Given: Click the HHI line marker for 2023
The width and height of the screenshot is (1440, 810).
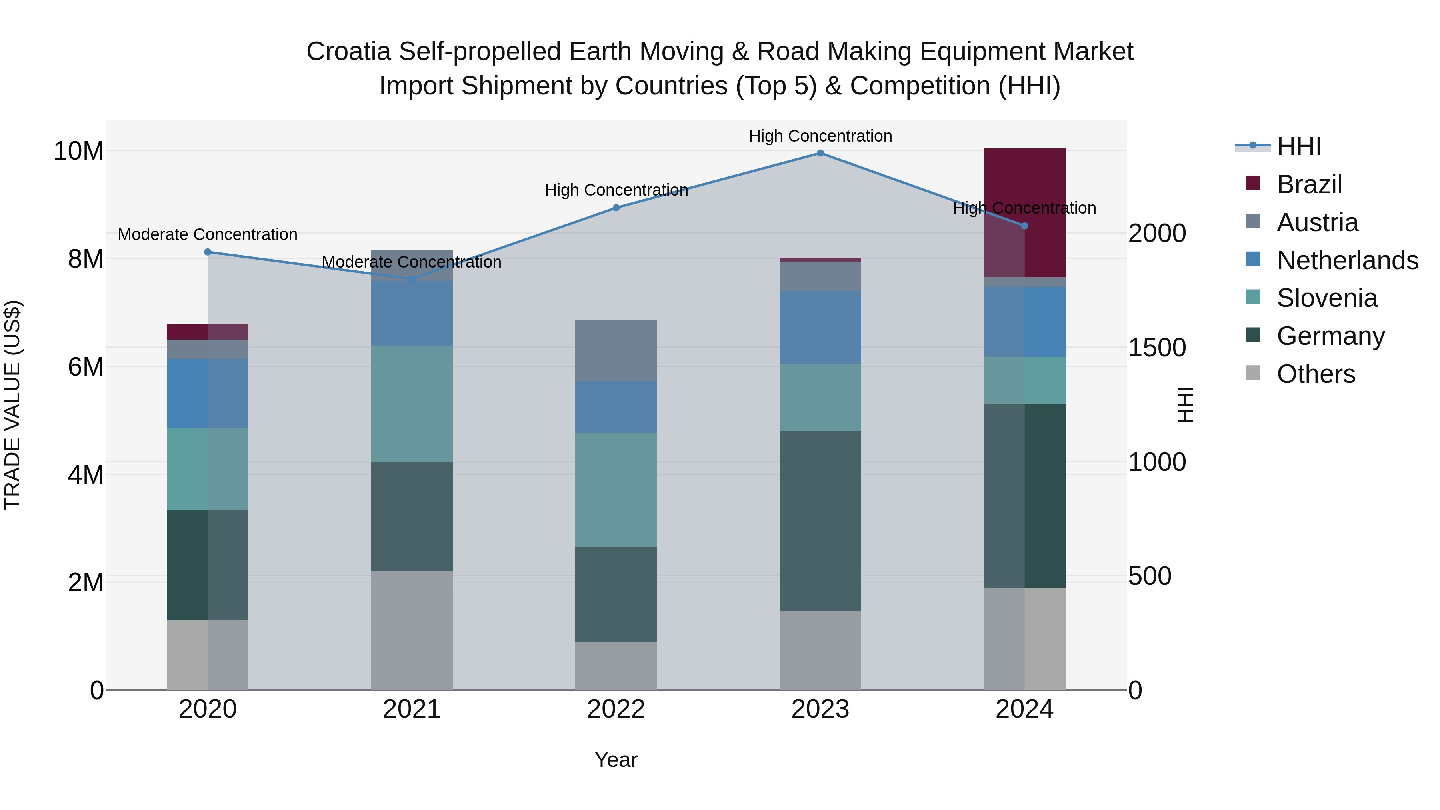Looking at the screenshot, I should [820, 153].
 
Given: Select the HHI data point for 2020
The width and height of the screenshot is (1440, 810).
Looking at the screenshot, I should [208, 252].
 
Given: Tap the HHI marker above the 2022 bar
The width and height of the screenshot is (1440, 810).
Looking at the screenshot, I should [616, 208].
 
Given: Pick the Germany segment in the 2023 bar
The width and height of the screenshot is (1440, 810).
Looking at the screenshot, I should [820, 521].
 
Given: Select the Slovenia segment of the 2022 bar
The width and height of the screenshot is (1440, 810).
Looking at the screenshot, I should [616, 490].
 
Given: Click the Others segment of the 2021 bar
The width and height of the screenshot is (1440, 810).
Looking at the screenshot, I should [412, 630].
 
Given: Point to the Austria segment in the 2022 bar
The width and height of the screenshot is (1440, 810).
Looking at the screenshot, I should [616, 350].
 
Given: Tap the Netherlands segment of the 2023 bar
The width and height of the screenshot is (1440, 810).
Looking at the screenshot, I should [820, 328].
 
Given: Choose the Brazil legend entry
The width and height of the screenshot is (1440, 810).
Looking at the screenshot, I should [1309, 184].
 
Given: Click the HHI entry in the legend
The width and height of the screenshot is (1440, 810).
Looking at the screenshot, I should [1298, 146].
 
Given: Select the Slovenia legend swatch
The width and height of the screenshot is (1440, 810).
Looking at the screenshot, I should [1253, 297].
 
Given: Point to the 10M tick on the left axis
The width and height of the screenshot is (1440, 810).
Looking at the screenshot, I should [78, 151].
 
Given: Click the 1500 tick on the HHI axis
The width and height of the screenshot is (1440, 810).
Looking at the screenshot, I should [1156, 348].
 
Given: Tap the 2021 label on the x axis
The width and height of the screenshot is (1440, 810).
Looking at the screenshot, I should [412, 709].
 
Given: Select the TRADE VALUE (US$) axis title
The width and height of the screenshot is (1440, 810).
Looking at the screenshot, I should [12, 405].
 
